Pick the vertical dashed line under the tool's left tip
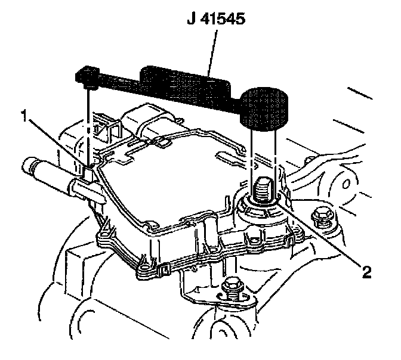click(89, 125)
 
